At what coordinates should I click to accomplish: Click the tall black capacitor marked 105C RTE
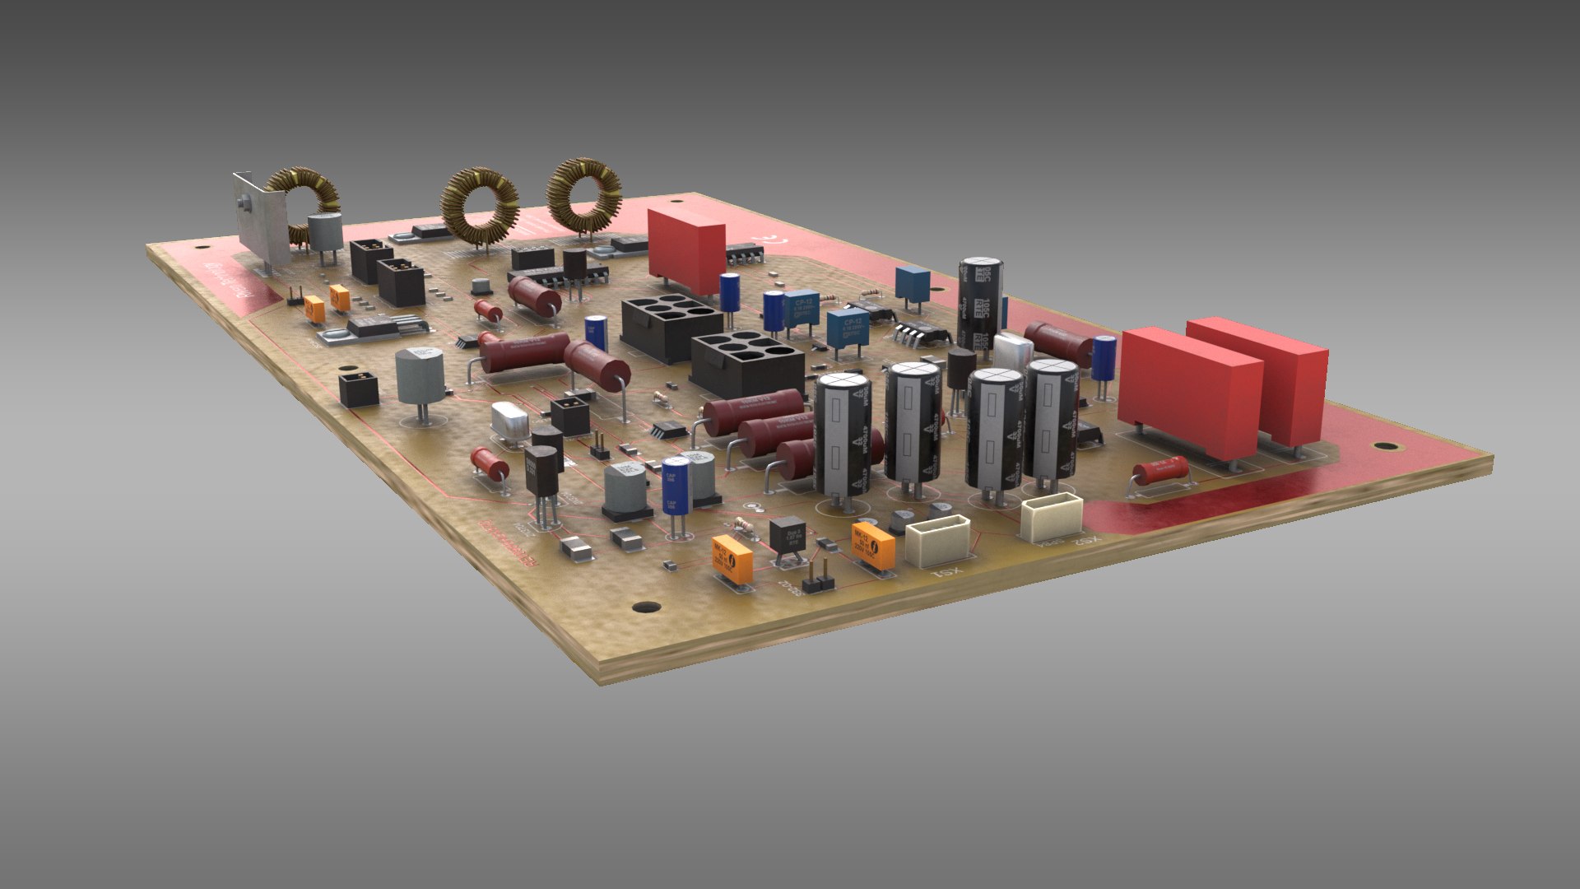980,305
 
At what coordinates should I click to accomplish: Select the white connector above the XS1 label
937,539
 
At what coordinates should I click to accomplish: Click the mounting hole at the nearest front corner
646,608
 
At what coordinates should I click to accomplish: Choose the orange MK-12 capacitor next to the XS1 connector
875,545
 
